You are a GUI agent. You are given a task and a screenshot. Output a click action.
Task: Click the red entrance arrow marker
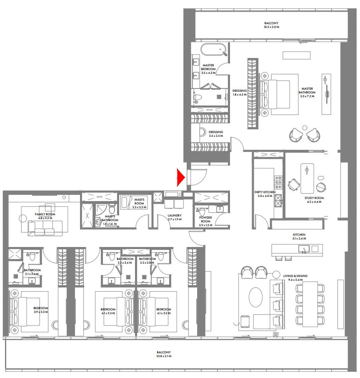[x=180, y=177]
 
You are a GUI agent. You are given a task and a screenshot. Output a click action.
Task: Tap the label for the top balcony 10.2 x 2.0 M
[x=271, y=25]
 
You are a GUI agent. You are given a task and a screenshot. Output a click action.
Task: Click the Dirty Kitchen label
[x=265, y=194]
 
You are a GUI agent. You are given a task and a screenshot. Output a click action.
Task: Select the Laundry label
[x=175, y=217]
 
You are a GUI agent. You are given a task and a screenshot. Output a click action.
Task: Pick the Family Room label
[x=45, y=216]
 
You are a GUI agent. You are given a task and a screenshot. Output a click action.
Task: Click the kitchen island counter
[x=297, y=249]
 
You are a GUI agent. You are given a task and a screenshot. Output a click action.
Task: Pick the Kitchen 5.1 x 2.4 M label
[x=299, y=237]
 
